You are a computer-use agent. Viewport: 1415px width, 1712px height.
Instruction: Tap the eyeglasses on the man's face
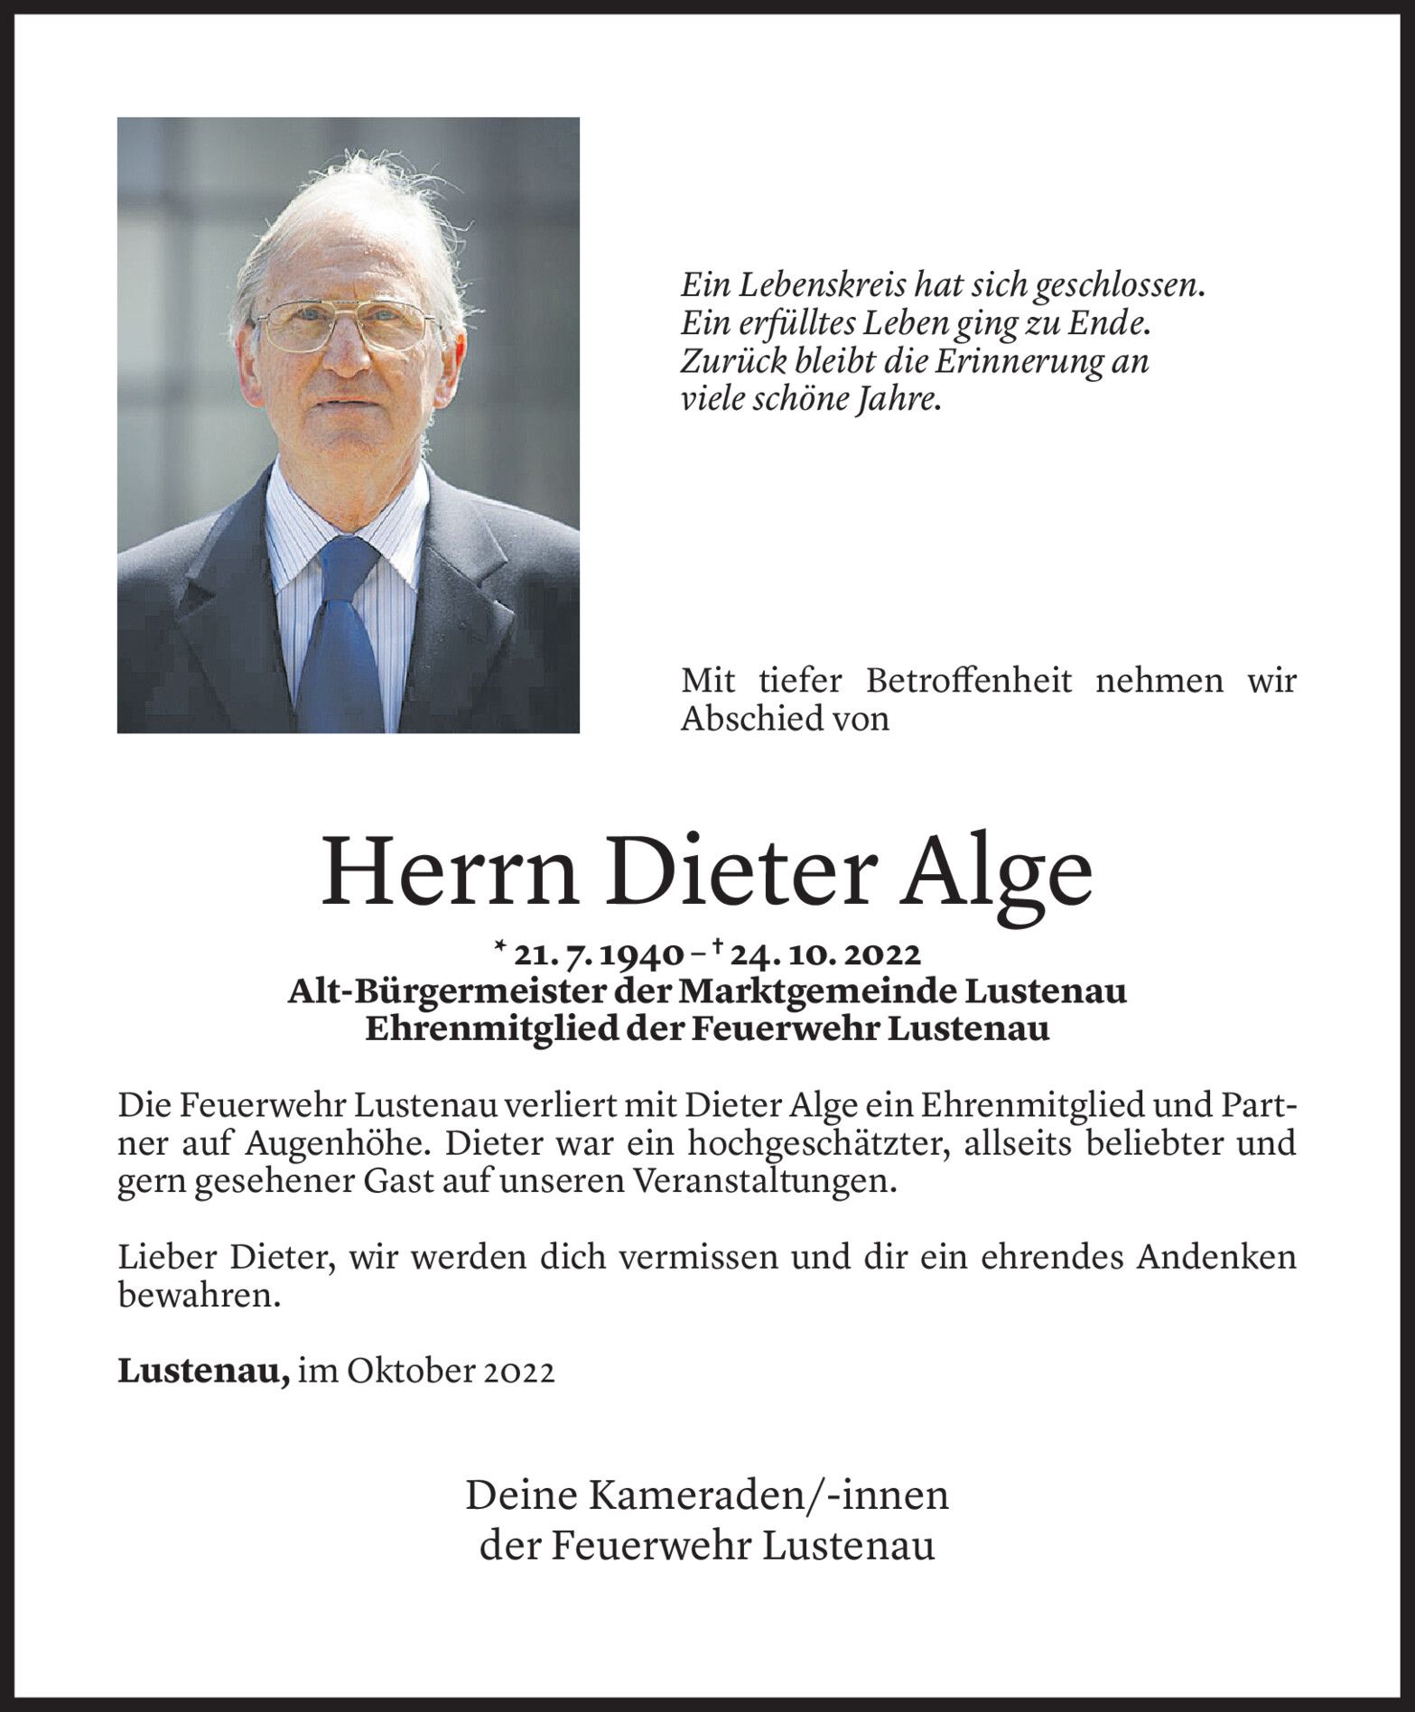346,325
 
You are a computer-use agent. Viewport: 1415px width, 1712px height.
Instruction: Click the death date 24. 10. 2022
829,954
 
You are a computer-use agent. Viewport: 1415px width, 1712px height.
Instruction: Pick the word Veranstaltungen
768,1182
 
